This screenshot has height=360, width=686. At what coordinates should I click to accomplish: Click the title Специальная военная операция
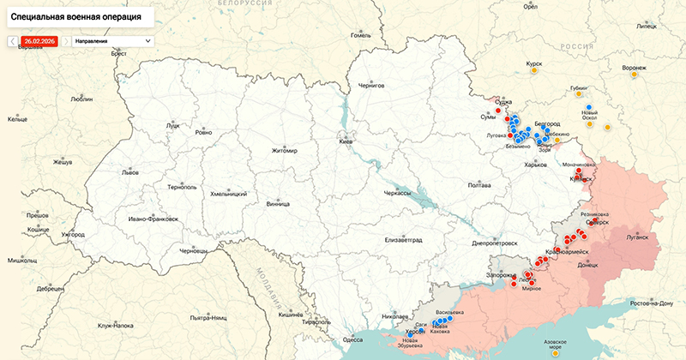click(x=76, y=16)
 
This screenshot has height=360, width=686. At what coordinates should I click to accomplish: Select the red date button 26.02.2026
click(x=39, y=41)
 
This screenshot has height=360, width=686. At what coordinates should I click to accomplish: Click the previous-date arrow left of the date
click(x=12, y=41)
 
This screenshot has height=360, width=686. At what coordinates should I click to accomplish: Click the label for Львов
click(x=129, y=171)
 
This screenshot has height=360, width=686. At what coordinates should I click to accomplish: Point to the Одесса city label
click(x=352, y=339)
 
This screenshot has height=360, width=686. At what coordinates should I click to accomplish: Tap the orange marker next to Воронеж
click(x=635, y=75)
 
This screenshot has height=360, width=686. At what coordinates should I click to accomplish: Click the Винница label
click(x=278, y=204)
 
